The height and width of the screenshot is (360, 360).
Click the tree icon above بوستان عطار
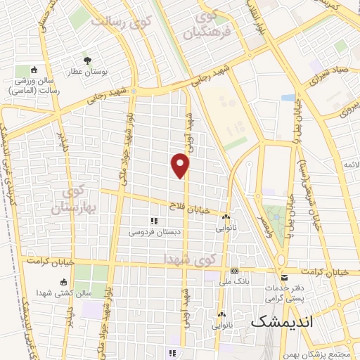pyautogui.click(x=88, y=60)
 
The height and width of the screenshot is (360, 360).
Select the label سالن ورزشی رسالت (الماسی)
pyautogui.click(x=37, y=86)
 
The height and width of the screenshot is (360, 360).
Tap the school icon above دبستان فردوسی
pyautogui.click(x=153, y=221)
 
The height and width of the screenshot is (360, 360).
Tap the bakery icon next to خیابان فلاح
pyautogui.click(x=226, y=217)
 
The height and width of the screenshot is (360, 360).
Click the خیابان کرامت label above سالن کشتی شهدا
pyautogui.click(x=51, y=260)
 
